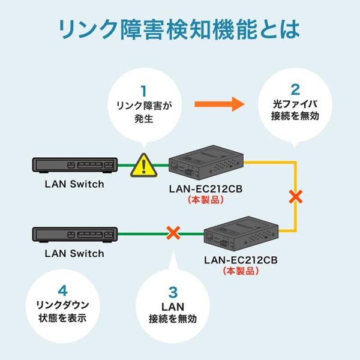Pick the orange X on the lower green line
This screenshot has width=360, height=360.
pyautogui.click(x=173, y=232)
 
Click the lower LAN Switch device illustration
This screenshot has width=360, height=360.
pyautogui.click(x=74, y=233)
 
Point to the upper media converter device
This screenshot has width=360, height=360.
pyautogui.click(x=205, y=163)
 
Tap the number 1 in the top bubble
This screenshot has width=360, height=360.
pyautogui.click(x=143, y=91)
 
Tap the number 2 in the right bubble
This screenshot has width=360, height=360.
pyautogui.click(x=295, y=89)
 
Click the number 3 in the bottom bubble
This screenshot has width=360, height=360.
pyautogui.click(x=173, y=292)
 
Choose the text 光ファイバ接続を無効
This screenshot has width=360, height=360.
pyautogui.click(x=295, y=111)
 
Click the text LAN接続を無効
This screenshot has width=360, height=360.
pyautogui.click(x=173, y=313)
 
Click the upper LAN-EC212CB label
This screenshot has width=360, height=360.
pyautogui.click(x=205, y=189)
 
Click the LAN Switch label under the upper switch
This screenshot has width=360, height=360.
pyautogui.click(x=74, y=184)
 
